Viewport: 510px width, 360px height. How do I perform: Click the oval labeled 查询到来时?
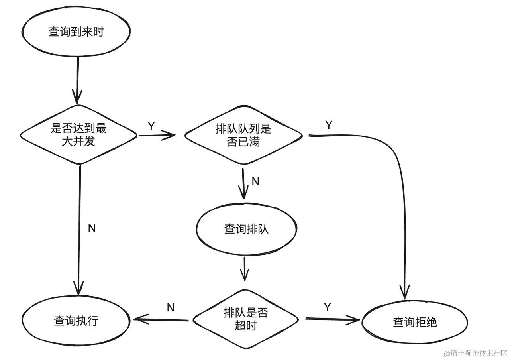click(76, 32)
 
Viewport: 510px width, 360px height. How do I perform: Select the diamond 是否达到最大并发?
click(79, 134)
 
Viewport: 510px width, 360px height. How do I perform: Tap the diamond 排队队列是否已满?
click(243, 135)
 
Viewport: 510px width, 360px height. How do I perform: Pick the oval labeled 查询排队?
click(246, 229)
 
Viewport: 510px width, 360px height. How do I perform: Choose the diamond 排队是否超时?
click(245, 319)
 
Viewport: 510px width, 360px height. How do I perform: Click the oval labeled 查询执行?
click(76, 321)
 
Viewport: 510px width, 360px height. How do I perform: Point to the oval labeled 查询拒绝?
click(414, 322)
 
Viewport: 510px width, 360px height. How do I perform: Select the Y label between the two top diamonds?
click(151, 126)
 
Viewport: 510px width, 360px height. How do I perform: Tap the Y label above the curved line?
click(328, 125)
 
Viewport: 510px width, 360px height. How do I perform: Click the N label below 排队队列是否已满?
click(255, 182)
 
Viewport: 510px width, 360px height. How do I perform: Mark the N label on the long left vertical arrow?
click(92, 228)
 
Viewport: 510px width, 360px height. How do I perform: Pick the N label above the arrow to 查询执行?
click(171, 307)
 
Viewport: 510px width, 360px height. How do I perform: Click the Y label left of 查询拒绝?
click(327, 307)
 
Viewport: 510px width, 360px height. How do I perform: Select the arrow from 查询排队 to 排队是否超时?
click(245, 269)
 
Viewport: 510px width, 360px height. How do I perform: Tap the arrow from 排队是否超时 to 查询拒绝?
click(333, 319)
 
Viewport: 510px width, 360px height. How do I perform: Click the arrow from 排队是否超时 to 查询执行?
click(161, 319)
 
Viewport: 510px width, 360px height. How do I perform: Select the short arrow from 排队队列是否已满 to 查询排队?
click(243, 183)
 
